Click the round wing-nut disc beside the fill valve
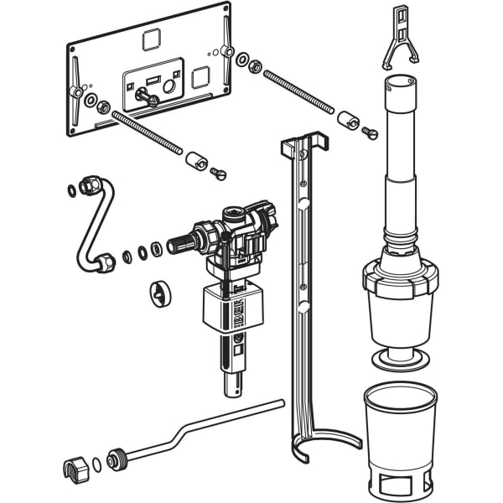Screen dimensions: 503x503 click(159, 291)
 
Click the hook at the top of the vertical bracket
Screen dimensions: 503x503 click(304, 143)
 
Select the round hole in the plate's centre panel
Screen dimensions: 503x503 click(171, 86)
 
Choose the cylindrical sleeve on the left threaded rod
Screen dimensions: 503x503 click(197, 158)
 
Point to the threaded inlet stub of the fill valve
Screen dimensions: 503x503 click(182, 246)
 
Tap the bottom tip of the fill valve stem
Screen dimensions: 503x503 click(231, 390)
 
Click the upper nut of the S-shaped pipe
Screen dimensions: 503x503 click(90, 184)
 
